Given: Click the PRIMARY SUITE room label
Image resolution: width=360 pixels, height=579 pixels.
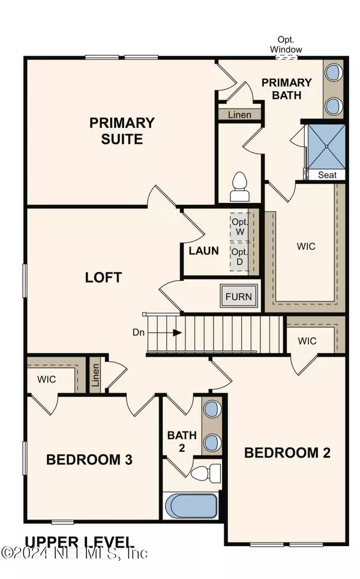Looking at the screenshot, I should click(122, 131).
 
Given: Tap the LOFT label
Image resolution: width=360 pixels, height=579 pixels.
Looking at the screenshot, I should click(103, 277).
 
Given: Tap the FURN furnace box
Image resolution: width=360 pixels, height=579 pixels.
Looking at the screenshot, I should click(238, 296).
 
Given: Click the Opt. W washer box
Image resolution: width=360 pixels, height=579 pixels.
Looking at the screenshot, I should click(239, 226).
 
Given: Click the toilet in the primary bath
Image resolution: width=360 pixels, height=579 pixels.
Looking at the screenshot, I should click(239, 187).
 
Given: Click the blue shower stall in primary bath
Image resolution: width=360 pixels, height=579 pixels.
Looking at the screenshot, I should click(325, 146).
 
